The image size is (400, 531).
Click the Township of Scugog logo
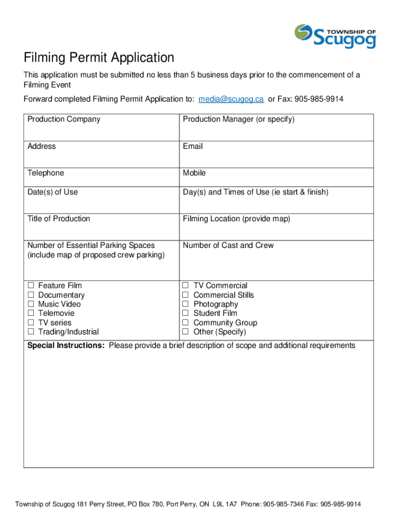tap(335, 36)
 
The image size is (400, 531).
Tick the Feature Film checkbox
tap(31, 286)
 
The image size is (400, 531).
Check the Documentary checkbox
tap(31, 295)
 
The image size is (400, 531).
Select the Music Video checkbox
tap(31, 304)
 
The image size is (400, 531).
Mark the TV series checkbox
tap(31, 323)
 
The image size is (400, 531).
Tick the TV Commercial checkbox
tap(185, 286)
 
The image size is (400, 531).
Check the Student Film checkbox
tap(185, 313)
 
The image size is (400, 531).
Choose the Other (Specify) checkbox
tap(185, 332)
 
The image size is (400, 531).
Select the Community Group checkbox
tap(185, 323)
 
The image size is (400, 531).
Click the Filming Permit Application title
tap(99, 58)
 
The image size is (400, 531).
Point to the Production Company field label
tap(64, 119)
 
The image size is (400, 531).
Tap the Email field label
tap(193, 146)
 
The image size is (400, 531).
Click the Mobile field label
tap(194, 173)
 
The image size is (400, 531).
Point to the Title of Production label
tap(59, 218)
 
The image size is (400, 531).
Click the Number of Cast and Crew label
tap(228, 245)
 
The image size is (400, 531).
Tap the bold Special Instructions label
tap(65, 345)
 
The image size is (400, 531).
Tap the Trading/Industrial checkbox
tap(31, 332)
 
